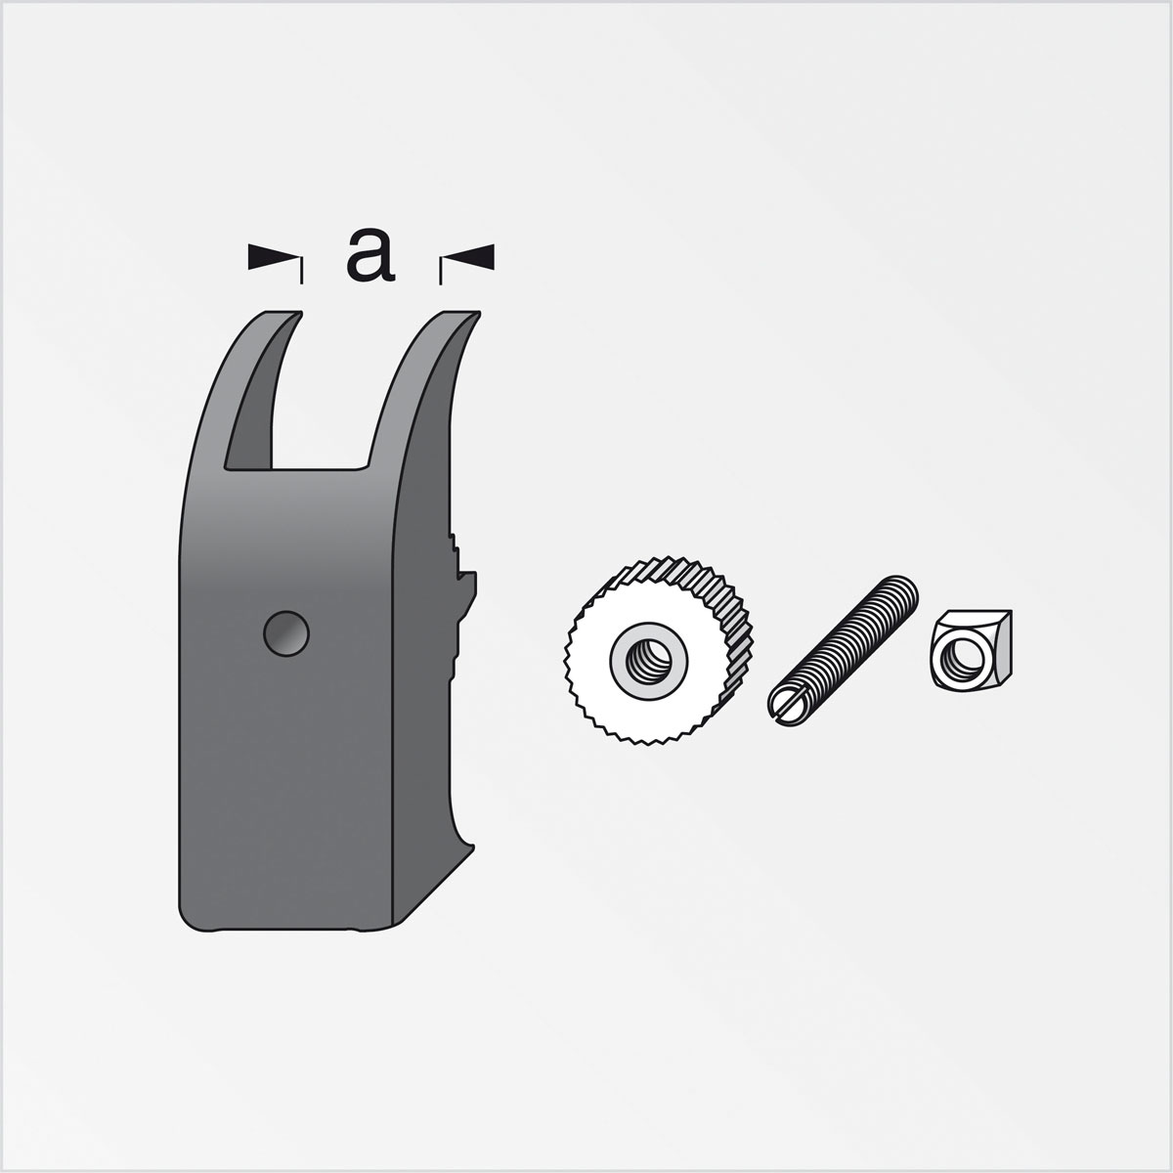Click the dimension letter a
[370, 256]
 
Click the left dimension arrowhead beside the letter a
[271, 257]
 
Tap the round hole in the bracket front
[286, 633]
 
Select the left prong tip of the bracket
[284, 317]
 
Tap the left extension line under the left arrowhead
[301, 272]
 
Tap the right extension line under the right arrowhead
[442, 272]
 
